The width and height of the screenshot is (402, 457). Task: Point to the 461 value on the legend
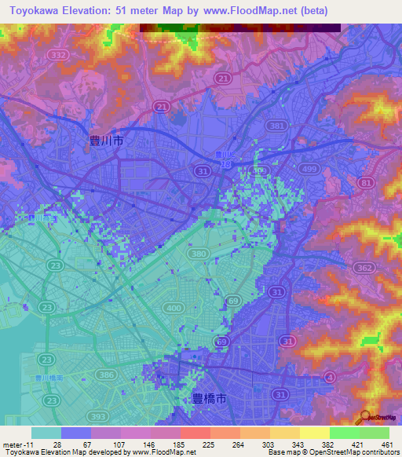coord(386,444)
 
